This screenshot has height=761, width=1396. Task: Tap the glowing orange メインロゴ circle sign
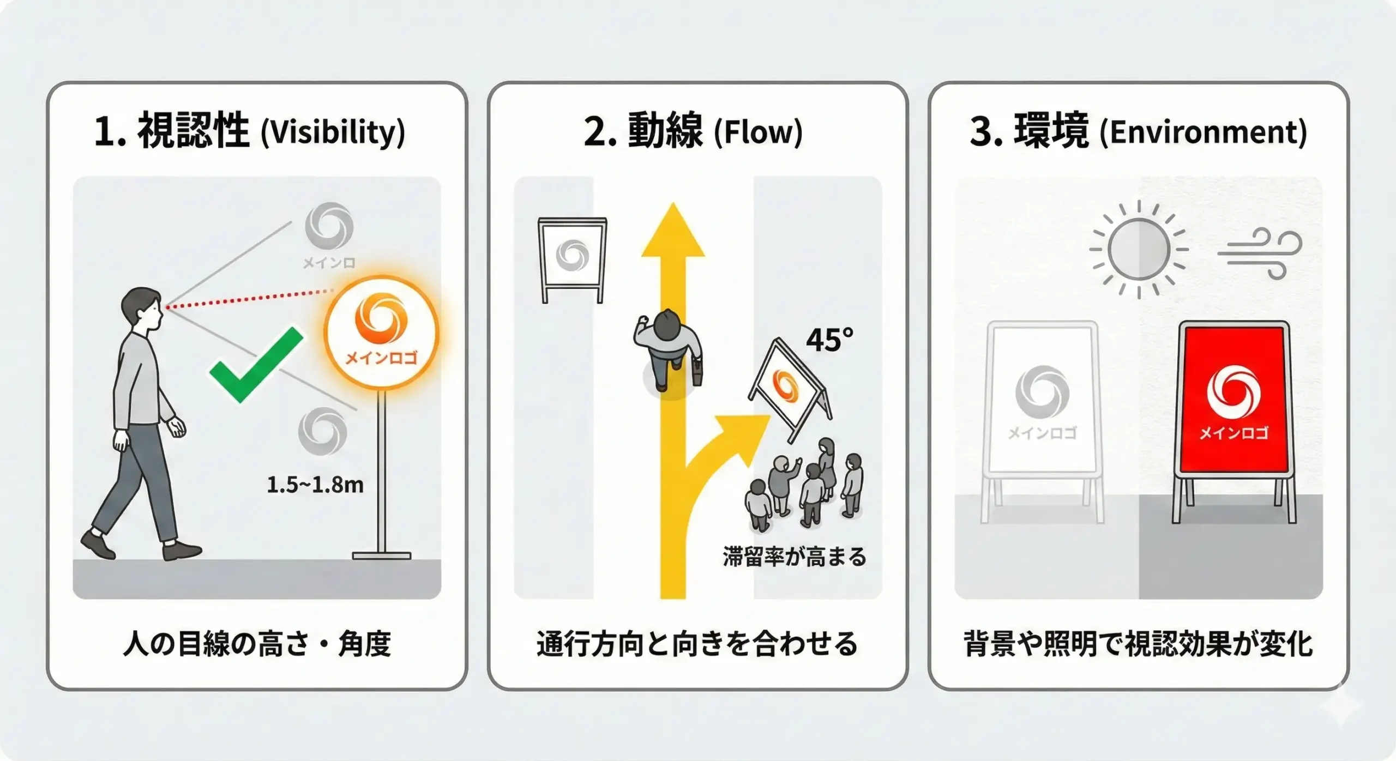[x=381, y=332]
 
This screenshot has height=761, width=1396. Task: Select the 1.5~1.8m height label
[x=315, y=485]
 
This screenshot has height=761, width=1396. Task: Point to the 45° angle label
[x=829, y=340]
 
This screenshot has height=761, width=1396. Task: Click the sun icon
[x=1139, y=249]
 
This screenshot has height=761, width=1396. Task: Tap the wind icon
[x=1260, y=254]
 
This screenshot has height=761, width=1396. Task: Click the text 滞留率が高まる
[x=794, y=557]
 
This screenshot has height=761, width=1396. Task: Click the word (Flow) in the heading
[x=758, y=132]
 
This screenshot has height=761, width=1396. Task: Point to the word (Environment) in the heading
[x=1203, y=132]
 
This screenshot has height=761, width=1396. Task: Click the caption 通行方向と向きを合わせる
[x=697, y=644]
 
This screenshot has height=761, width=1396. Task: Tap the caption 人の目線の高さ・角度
[x=257, y=644]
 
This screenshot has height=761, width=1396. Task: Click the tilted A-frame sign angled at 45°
[x=788, y=387]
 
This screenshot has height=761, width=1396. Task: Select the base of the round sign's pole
[x=381, y=555]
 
